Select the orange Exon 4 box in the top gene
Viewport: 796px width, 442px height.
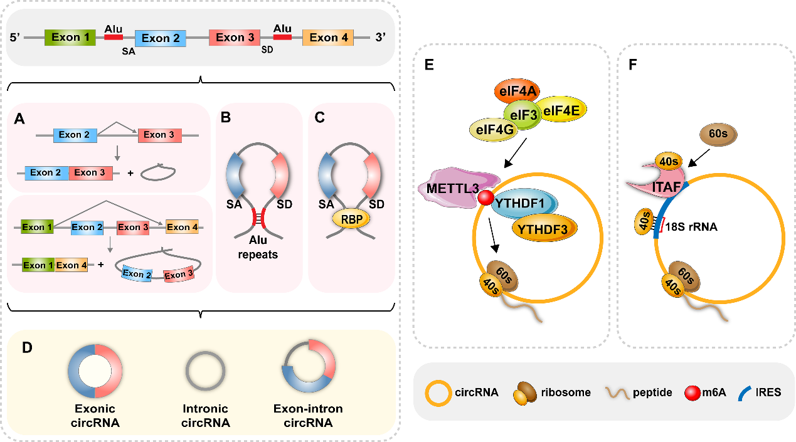click(327, 38)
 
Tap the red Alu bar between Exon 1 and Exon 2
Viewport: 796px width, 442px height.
click(114, 38)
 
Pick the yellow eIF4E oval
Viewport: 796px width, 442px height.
click(560, 110)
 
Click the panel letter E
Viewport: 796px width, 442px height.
click(430, 64)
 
